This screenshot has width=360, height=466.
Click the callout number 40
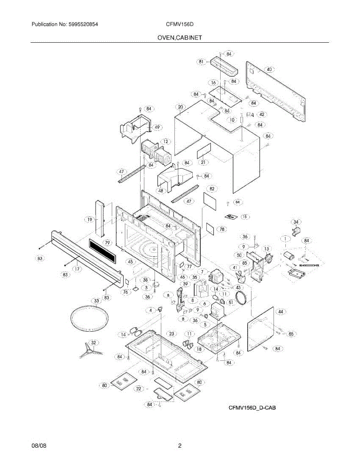[269, 69]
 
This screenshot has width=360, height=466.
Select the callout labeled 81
[201, 61]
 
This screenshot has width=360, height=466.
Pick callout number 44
[281, 311]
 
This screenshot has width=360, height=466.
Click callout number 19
[90, 219]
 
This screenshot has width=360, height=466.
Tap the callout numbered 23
[171, 334]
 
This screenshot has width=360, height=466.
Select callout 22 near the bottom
[139, 388]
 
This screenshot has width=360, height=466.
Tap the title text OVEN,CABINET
[179, 38]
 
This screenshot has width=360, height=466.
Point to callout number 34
[296, 222]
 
